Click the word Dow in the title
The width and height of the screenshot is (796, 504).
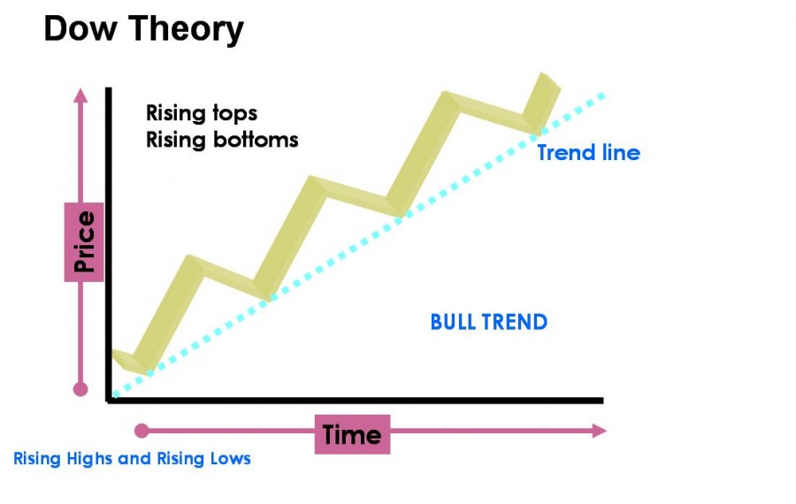pyautogui.click(x=80, y=28)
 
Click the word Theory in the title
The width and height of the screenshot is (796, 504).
pyautogui.click(x=187, y=30)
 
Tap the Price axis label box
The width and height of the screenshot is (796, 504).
pyautogui.click(x=84, y=242)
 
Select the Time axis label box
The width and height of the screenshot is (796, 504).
pyautogui.click(x=352, y=434)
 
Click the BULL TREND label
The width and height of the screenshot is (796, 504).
pyautogui.click(x=489, y=322)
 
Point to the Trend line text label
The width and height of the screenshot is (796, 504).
pyautogui.click(x=589, y=153)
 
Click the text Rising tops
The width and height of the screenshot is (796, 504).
pyautogui.click(x=202, y=114)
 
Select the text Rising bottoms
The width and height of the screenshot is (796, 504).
pyautogui.click(x=222, y=140)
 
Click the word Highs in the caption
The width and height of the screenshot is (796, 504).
pyautogui.click(x=90, y=459)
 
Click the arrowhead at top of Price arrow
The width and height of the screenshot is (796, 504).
pyautogui.click(x=80, y=95)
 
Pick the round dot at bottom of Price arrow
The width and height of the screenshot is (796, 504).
pyautogui.click(x=80, y=389)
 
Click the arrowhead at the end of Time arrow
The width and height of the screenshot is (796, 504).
pyautogui.click(x=600, y=431)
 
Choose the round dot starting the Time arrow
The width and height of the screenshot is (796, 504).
pyautogui.click(x=142, y=431)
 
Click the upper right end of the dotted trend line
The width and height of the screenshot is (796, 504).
pyautogui.click(x=602, y=95)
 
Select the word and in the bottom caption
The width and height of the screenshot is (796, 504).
pyautogui.click(x=134, y=459)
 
